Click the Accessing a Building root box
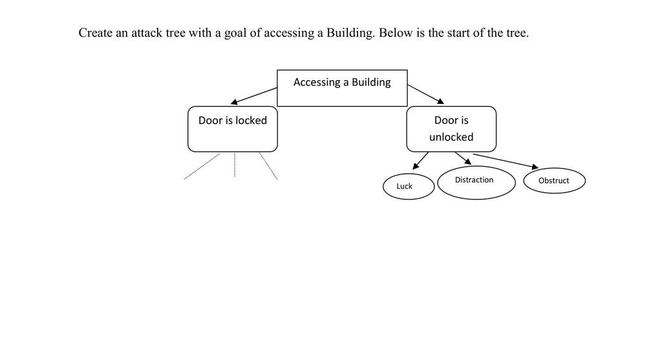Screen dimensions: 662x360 click(x=342, y=88)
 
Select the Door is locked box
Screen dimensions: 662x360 click(x=233, y=129)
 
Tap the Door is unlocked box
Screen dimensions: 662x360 click(x=451, y=129)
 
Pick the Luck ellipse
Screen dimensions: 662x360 click(x=409, y=186)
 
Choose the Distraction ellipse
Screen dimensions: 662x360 click(x=476, y=182)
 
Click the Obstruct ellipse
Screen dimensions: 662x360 click(x=554, y=180)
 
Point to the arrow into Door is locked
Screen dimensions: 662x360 click(x=253, y=96)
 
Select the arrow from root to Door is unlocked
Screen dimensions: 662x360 click(x=425, y=94)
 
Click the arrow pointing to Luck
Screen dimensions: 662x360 click(x=420, y=161)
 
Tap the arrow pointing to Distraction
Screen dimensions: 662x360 click(x=463, y=158)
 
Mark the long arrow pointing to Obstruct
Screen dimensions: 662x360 click(x=506, y=161)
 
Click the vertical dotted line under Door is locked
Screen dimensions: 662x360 click(x=235, y=165)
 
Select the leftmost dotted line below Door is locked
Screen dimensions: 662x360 click(x=202, y=166)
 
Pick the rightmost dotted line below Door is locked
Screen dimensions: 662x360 click(x=268, y=166)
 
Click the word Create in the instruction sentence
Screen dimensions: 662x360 click(x=96, y=33)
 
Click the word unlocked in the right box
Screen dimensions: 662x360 click(x=451, y=137)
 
